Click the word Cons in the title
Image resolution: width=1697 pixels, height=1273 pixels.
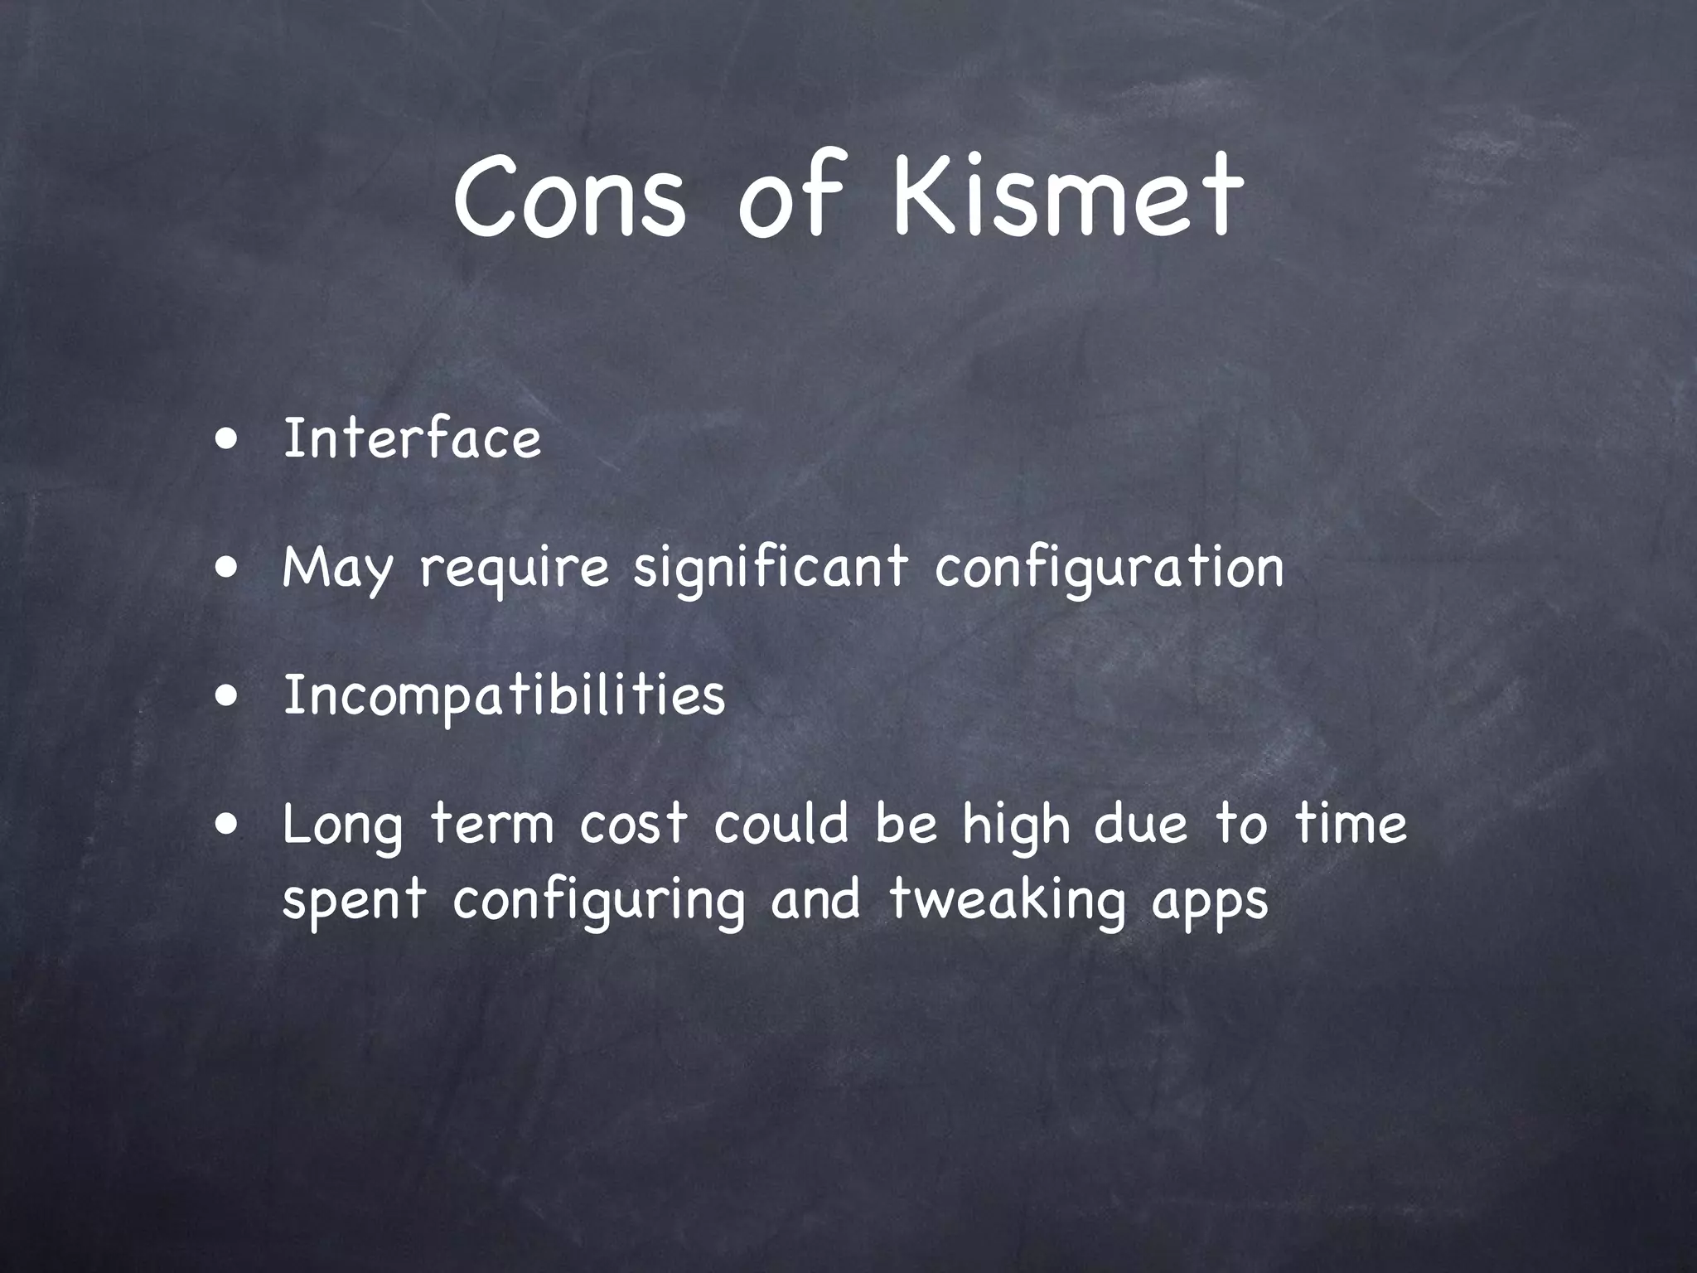pyautogui.click(x=570, y=197)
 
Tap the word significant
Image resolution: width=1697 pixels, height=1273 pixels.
pyautogui.click(x=771, y=568)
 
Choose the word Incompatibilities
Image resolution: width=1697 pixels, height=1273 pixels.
pyautogui.click(x=504, y=696)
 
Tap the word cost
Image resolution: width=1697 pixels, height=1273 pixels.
pyautogui.click(x=633, y=825)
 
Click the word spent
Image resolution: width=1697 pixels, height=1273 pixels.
pyautogui.click(x=354, y=900)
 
